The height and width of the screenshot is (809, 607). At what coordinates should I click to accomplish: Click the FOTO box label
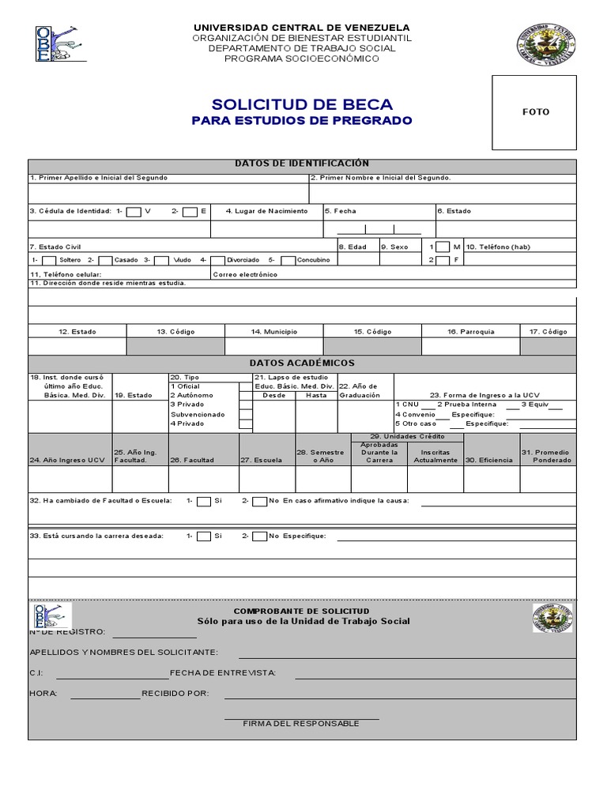coord(535,112)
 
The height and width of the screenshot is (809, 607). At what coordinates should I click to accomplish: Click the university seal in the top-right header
coord(547,45)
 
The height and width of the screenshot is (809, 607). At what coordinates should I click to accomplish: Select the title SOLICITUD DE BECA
coord(302,104)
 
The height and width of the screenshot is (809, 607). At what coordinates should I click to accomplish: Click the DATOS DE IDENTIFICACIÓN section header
coord(302,164)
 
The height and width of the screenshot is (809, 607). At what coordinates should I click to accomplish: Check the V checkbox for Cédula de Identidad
coord(134,212)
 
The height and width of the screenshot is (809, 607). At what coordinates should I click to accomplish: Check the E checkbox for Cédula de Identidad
coord(190,212)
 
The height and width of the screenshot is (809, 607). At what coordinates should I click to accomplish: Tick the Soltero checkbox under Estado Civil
coord(49,260)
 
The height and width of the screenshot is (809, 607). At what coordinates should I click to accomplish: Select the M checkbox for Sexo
coord(443,247)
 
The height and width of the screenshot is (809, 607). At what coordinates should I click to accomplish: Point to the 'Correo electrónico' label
coord(246,274)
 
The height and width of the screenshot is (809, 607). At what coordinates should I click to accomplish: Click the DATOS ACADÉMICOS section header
coord(302,363)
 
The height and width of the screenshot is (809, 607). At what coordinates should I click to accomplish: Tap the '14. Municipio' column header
coord(274,332)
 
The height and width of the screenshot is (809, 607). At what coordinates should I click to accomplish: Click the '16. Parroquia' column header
coord(470,332)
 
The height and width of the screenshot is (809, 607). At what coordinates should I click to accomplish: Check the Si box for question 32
coord(204,501)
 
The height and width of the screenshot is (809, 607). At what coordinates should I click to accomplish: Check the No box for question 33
coord(259,536)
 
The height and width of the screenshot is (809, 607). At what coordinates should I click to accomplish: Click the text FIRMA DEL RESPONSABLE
coord(301,724)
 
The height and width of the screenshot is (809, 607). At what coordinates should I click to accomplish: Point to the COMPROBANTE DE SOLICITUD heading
coord(301,611)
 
